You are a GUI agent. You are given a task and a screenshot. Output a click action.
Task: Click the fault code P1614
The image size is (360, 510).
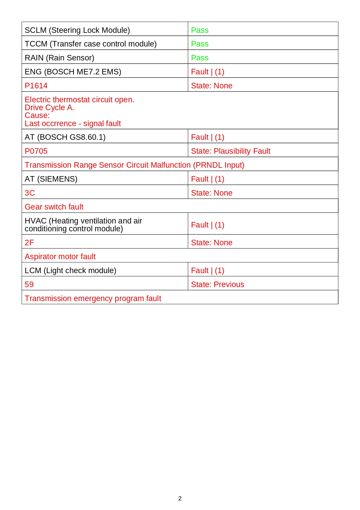[36, 86]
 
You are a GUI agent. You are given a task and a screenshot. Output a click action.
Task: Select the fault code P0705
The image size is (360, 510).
[36, 151]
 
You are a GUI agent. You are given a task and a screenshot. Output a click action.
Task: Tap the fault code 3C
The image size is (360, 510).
[30, 193]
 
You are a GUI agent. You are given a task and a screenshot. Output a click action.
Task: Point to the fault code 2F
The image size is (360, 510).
[29, 243]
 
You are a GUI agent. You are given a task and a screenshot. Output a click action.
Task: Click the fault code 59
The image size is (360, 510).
[29, 284]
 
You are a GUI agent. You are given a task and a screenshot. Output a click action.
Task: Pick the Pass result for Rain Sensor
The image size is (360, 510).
[199, 58]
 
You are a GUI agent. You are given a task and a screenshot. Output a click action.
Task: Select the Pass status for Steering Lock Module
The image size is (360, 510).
[199, 30]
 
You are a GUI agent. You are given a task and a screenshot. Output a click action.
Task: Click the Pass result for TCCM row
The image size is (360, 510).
[199, 44]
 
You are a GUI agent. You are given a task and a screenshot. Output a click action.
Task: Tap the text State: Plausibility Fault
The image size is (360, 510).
[231, 151]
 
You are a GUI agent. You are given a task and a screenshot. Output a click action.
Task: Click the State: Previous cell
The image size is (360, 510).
[217, 284]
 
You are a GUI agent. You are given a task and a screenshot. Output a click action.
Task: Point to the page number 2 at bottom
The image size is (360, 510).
[180, 498]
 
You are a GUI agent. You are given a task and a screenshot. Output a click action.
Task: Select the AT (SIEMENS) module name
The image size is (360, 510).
[51, 179]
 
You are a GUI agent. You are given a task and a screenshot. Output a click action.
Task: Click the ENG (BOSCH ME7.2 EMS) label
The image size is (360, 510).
[73, 72]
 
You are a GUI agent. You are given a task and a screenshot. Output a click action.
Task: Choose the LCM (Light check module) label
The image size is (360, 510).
[70, 271]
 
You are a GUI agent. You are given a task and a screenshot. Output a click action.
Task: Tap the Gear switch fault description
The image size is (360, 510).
[54, 207]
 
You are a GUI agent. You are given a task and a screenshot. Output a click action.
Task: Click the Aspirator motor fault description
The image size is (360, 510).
[60, 257]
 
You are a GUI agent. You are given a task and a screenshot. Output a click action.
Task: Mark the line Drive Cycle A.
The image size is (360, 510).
[49, 108]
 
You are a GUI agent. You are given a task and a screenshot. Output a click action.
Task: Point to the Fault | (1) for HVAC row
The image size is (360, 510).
[207, 225]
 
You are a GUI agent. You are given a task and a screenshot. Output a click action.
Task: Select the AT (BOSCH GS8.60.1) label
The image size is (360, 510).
[65, 137]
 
